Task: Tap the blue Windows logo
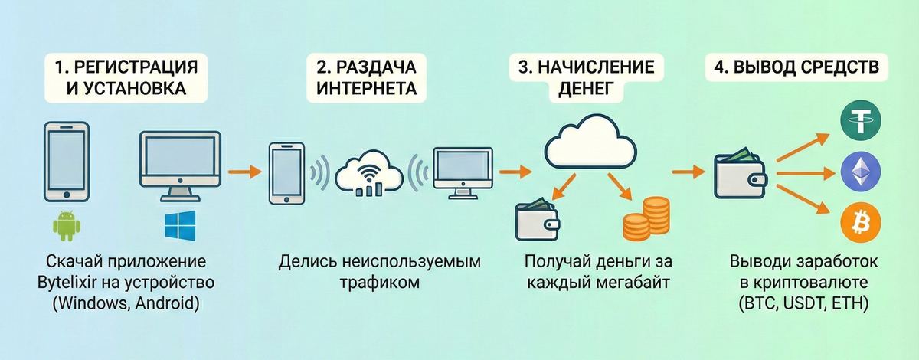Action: pos(180,227)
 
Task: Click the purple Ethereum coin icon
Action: pos(861,172)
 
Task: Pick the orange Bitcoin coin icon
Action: pos(861,223)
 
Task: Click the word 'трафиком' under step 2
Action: pos(380,283)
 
